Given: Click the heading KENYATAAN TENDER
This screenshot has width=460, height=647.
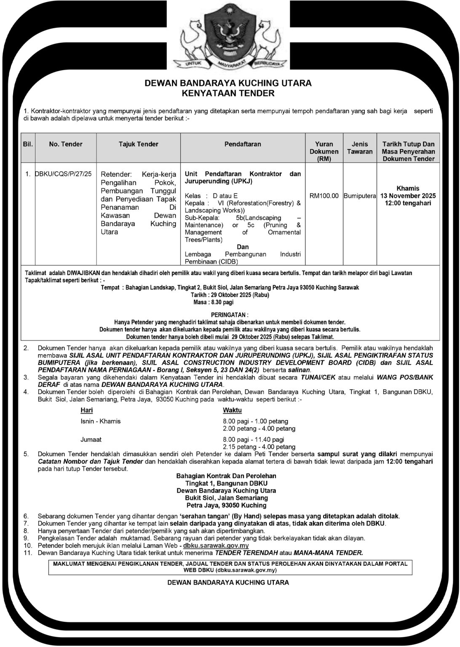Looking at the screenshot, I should [228, 93].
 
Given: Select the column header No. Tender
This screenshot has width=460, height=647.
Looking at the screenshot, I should [66, 144].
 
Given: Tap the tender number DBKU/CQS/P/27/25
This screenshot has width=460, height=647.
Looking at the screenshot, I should [64, 174].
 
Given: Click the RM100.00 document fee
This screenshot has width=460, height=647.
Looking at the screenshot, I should [324, 196].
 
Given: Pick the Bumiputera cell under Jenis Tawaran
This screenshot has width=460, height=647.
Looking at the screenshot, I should [359, 196].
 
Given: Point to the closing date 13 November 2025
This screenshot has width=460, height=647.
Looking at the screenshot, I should [408, 196].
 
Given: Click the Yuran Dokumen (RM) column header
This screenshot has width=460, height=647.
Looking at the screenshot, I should [324, 151].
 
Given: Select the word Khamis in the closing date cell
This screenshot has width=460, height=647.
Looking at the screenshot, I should [408, 188].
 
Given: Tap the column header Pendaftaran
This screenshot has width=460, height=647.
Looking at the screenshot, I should [243, 144].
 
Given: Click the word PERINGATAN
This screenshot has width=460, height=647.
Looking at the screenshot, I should [229, 315].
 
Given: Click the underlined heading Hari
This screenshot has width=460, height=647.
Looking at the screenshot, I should [86, 410].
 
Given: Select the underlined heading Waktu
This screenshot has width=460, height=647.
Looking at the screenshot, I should [232, 410].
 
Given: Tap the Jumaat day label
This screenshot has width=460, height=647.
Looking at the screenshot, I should [91, 439].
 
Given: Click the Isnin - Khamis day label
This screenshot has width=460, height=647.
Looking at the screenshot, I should [100, 421].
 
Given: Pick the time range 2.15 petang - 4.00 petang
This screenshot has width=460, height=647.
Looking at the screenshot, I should [259, 446].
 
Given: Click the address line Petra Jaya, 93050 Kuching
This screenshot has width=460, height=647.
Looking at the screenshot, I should [226, 505].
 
